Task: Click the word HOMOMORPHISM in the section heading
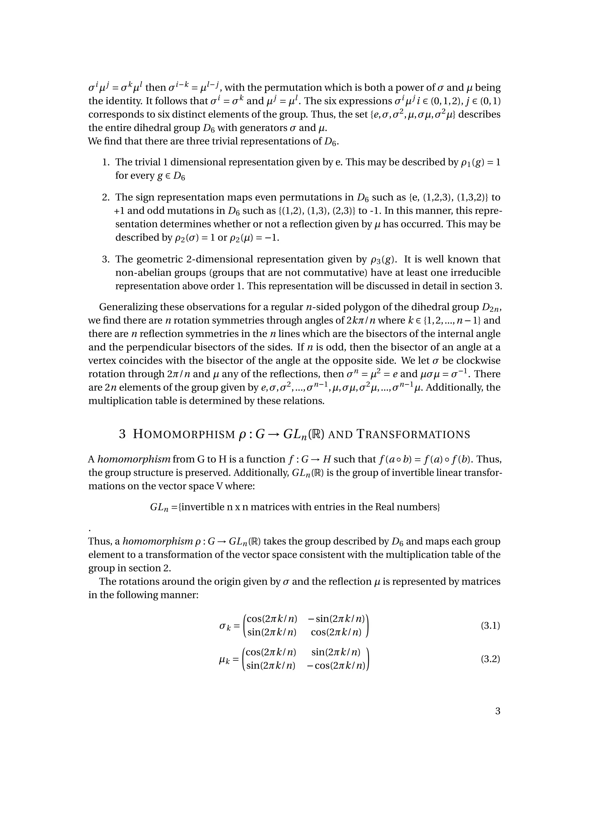[184, 434]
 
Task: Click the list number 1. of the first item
[106, 162]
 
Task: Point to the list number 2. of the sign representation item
[106, 197]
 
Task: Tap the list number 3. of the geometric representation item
[106, 259]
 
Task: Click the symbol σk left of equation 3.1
[225, 626]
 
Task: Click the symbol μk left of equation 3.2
[225, 660]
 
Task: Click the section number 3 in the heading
[122, 434]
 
